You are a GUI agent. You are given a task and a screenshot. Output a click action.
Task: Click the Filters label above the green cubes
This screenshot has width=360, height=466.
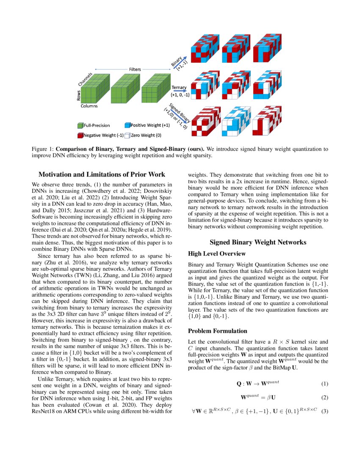click(x=135, y=69)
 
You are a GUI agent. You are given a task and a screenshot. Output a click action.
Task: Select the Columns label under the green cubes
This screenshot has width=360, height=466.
click(x=89, y=106)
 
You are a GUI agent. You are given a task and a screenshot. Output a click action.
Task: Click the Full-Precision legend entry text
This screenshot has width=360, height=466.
click(x=97, y=125)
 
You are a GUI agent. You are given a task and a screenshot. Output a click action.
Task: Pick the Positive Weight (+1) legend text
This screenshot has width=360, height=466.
click(x=150, y=125)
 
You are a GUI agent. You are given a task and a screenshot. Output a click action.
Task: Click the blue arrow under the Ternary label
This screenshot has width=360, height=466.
click(x=179, y=90)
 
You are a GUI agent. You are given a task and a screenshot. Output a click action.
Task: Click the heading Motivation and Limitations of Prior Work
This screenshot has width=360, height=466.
click(x=102, y=174)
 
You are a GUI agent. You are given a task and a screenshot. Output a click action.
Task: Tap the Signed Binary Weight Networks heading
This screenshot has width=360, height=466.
click(x=258, y=242)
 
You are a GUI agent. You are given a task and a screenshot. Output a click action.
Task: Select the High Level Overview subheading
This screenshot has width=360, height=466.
click(x=216, y=254)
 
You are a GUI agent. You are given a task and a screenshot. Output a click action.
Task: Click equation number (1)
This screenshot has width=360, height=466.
click(x=324, y=384)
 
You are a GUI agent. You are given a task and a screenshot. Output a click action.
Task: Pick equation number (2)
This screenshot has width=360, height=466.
click(x=324, y=398)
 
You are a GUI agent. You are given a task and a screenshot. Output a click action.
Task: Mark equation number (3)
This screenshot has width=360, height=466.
click(x=324, y=411)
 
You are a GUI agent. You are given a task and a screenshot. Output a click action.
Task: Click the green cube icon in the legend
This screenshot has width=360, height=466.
click(x=80, y=125)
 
